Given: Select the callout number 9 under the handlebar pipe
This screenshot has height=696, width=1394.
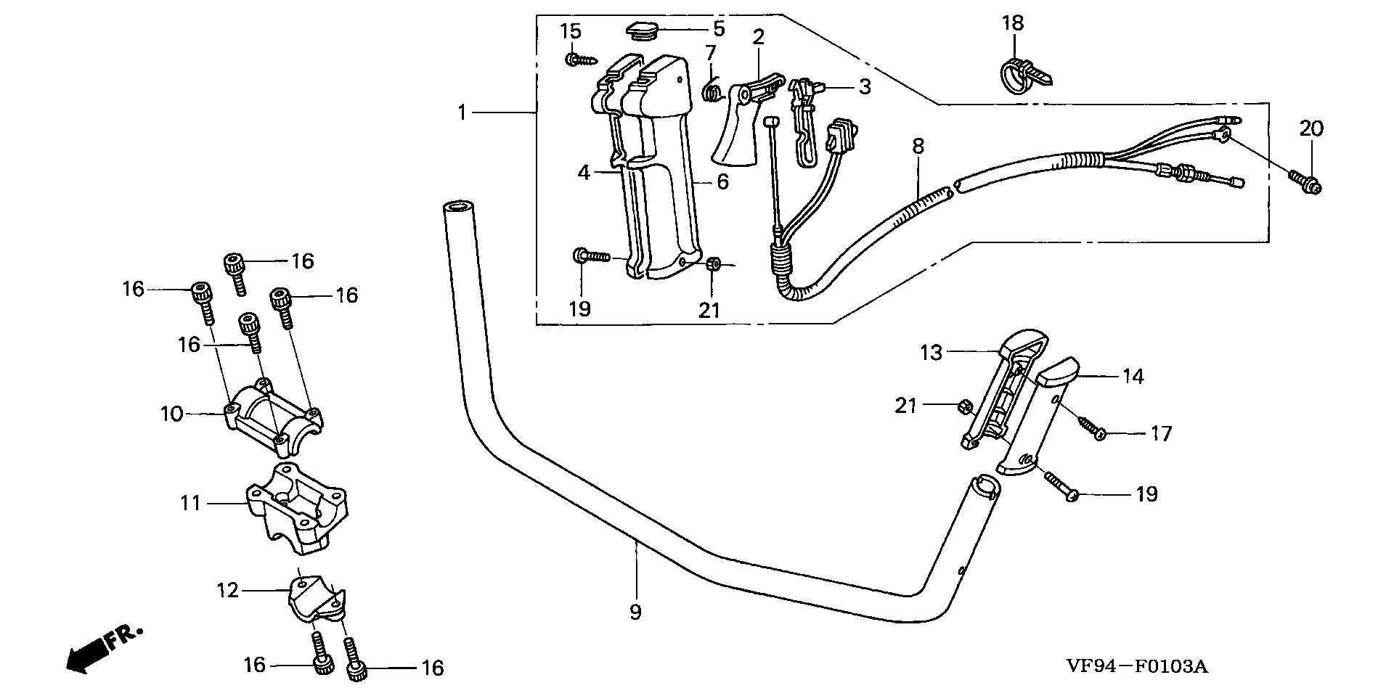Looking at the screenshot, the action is coord(635,612).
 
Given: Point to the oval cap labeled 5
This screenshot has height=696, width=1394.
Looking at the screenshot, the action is coord(643,32).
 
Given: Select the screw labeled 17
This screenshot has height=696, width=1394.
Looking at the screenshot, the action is coord(1090,426).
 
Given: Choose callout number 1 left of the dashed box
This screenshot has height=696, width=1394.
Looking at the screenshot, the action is coord(462,112).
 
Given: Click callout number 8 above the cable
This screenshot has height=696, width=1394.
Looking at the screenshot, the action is coord(918,147).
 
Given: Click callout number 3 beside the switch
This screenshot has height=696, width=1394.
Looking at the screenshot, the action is coord(864,87).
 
